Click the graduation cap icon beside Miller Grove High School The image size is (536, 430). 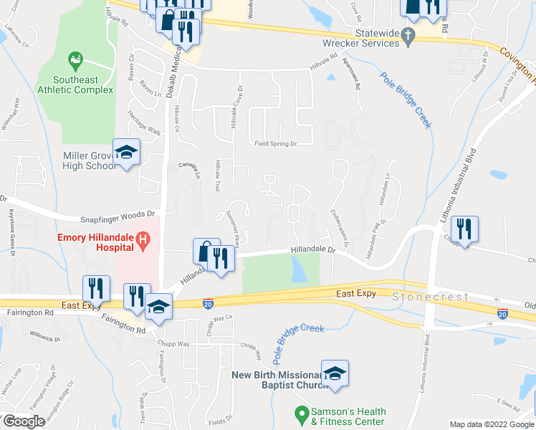coord(126,152)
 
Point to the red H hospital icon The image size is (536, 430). coord(143,238)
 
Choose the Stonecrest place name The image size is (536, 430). coord(430,296)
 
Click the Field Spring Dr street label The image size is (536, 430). coord(276,144)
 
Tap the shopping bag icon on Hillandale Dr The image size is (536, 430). coord(206,252)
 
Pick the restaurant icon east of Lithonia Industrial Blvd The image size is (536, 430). coord(464,229)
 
